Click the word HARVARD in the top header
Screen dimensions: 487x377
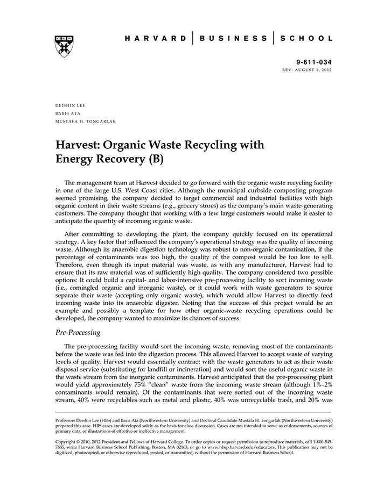point(156,39)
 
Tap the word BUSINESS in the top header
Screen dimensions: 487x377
point(233,39)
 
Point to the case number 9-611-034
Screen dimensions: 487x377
point(314,62)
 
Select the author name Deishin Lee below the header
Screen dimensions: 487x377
point(71,105)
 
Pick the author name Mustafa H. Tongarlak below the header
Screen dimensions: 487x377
point(86,121)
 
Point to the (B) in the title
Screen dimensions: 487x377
point(155,160)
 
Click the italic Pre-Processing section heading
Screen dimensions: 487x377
point(78,333)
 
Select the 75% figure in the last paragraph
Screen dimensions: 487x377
point(166,385)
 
